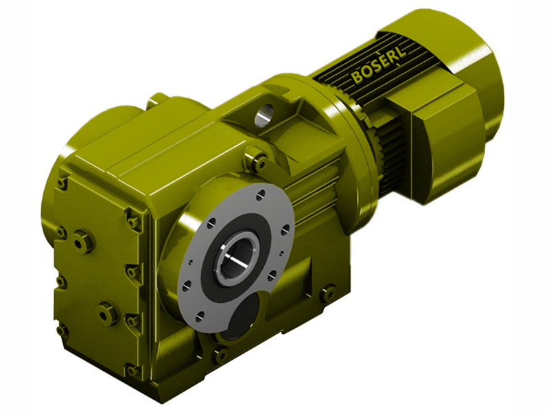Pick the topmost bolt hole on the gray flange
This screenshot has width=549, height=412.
pos(261,196)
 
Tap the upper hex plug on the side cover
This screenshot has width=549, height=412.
pos(82,241)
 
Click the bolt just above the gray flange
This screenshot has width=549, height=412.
pos(258,162)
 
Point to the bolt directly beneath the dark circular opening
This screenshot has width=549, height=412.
pos(220,354)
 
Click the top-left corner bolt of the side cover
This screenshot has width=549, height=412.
pos(62,183)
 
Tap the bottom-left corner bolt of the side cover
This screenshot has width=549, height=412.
pos(63,330)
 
